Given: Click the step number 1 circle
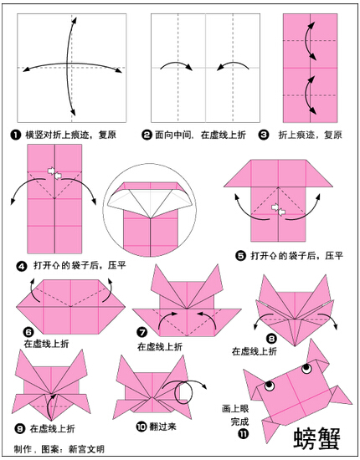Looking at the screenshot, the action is (15, 135).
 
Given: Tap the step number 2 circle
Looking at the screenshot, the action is (147, 135).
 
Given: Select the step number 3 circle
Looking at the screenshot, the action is (264, 135).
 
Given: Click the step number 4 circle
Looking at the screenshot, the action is (23, 266).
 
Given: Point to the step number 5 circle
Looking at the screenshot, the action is (240, 256).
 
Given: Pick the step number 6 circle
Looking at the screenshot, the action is (28, 332).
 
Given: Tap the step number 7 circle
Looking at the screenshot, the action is (142, 332).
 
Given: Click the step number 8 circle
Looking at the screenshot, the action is (271, 339).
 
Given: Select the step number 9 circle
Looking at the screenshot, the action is (19, 429).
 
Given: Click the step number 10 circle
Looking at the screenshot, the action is (141, 427).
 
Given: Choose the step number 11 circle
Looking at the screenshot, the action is (244, 433).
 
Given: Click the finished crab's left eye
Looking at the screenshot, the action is (270, 386).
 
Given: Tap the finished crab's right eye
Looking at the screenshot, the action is (307, 368).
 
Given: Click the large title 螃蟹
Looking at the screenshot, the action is (317, 438).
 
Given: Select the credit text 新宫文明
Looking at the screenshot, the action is (86, 449).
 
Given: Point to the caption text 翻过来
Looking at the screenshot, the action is (163, 427).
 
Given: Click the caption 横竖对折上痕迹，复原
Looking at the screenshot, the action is (71, 135).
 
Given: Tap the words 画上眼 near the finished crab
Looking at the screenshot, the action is (235, 408).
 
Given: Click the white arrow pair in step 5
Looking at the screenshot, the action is (278, 209).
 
